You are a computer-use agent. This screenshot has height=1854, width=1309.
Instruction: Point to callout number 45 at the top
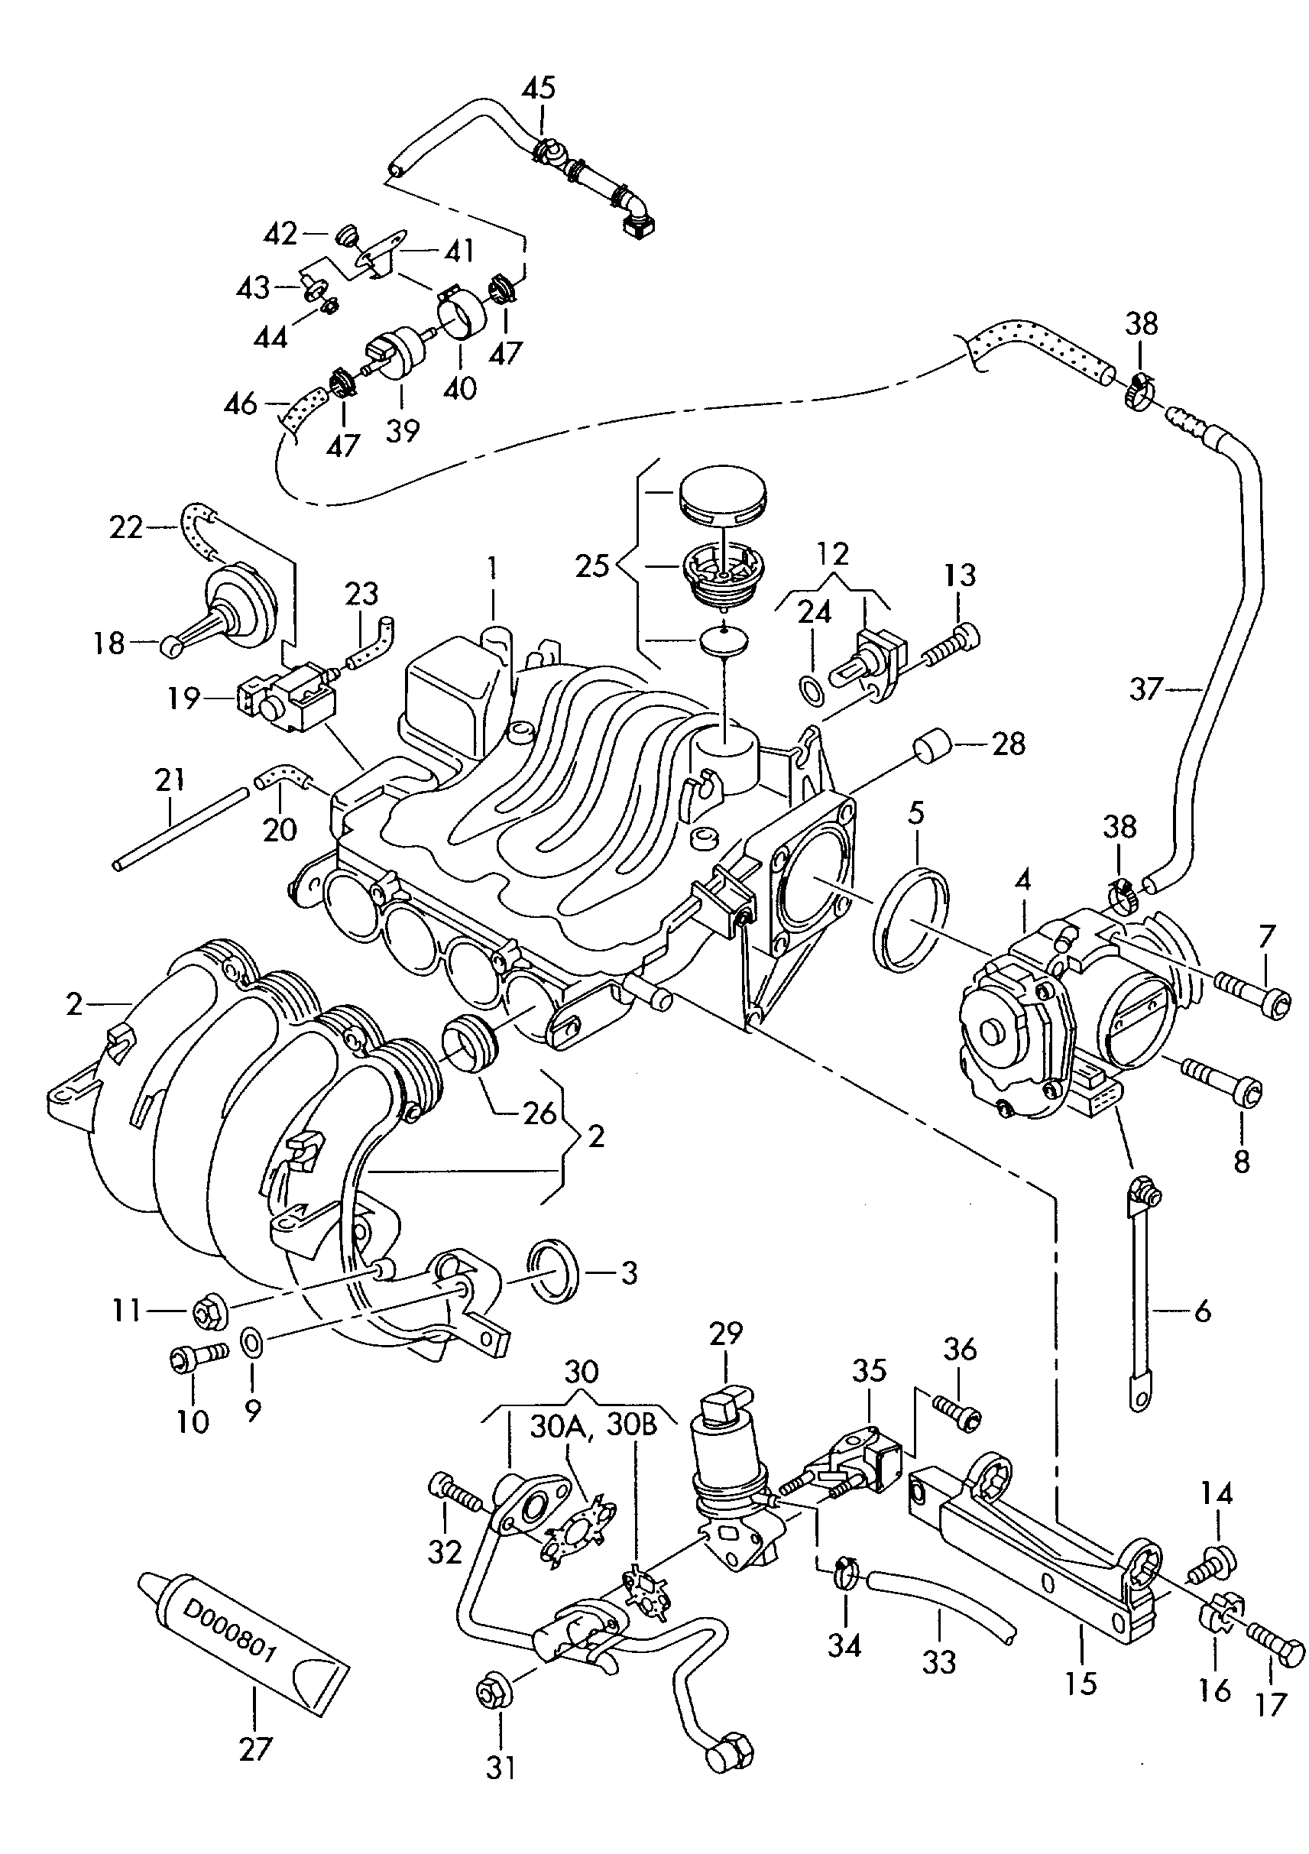tap(539, 88)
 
